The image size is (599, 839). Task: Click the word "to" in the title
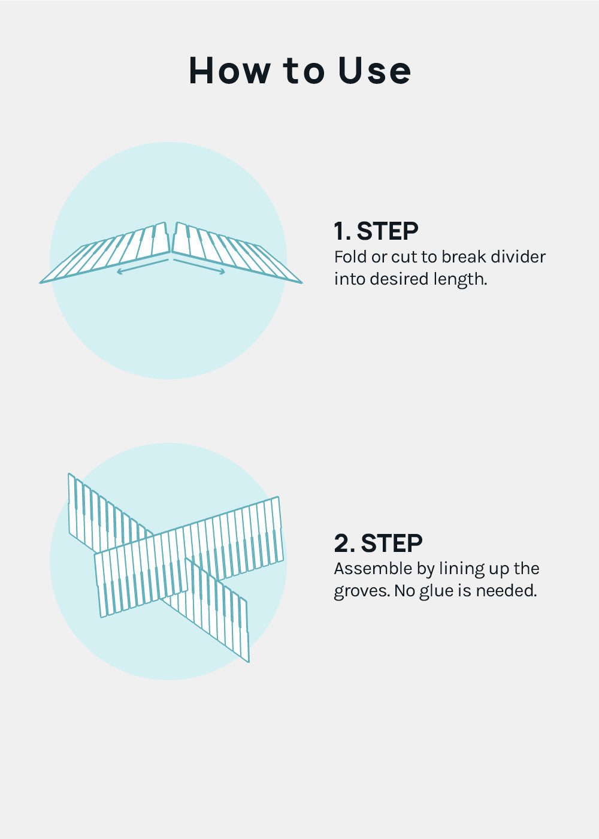(x=304, y=71)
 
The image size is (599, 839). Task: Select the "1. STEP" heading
(x=376, y=231)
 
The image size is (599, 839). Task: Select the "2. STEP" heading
(x=378, y=543)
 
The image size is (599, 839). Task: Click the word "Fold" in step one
(x=350, y=257)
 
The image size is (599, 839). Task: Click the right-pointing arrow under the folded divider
(x=199, y=266)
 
